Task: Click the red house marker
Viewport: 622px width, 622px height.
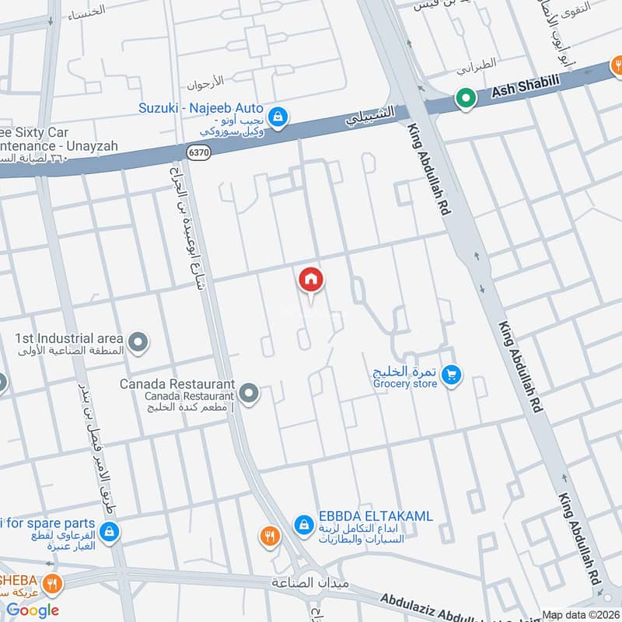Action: pyautogui.click(x=311, y=279)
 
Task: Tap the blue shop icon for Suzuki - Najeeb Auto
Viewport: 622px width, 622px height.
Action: pyautogui.click(x=279, y=118)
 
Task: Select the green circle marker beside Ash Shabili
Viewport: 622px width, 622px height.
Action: pyautogui.click(x=465, y=99)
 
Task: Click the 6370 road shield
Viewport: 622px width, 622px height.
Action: pyautogui.click(x=198, y=153)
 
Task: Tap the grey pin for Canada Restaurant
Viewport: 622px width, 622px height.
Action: pyautogui.click(x=249, y=393)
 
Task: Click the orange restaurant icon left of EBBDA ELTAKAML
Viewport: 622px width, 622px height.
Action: pyautogui.click(x=269, y=535)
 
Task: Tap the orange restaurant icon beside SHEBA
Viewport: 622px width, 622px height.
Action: pyautogui.click(x=52, y=583)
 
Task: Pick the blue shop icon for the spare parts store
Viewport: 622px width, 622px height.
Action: pyautogui.click(x=110, y=532)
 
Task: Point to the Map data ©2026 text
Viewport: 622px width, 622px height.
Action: pyautogui.click(x=580, y=613)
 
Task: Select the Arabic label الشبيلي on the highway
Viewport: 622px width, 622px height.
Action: pyautogui.click(x=371, y=117)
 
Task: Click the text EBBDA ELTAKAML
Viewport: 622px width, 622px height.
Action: pyautogui.click(x=374, y=516)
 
